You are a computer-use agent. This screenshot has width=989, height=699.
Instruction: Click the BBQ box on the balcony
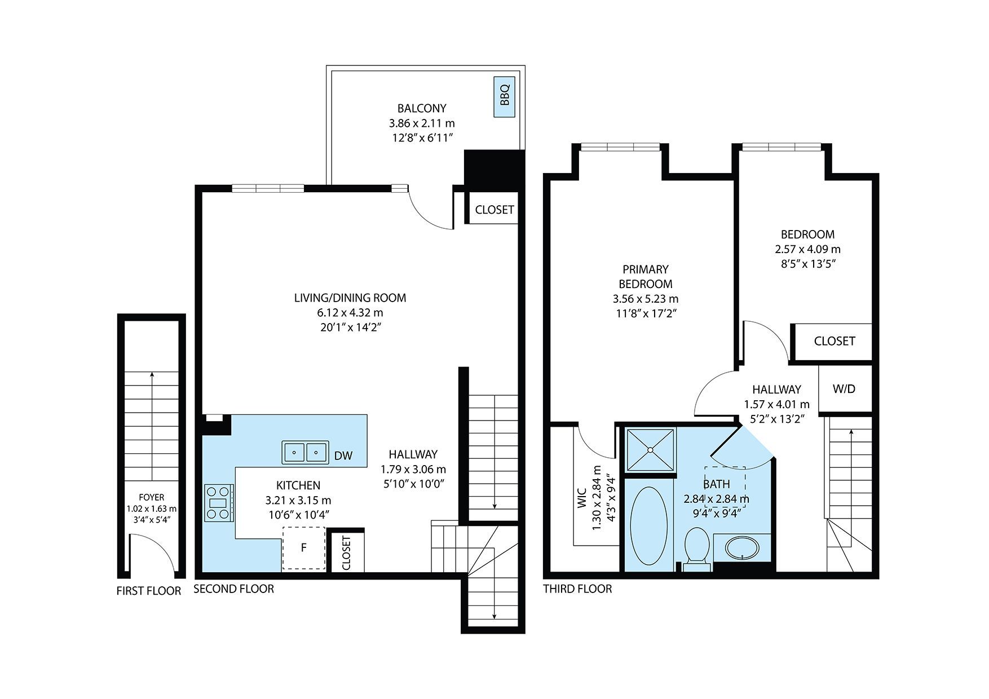point(505,97)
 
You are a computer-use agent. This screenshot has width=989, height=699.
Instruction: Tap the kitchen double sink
point(305,452)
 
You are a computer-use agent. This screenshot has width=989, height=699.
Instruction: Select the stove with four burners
point(219,503)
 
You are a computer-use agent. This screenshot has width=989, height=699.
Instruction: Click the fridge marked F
point(304,548)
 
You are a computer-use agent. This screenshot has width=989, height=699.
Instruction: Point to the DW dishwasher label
point(343,455)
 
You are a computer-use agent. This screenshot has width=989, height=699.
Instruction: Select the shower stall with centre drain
point(650,450)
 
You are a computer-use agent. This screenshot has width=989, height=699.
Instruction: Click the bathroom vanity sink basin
point(741,548)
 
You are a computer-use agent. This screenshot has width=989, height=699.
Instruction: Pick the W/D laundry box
point(844,389)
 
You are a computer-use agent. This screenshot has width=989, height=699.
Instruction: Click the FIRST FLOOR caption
point(149,591)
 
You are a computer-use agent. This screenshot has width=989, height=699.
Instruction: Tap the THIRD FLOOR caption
point(577,589)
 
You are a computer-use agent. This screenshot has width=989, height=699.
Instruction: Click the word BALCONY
point(422,108)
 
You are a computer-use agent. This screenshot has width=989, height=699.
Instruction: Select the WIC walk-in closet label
point(582,498)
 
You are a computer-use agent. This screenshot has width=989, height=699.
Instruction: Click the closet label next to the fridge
point(346,552)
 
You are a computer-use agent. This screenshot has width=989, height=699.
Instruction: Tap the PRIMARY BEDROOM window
point(620,148)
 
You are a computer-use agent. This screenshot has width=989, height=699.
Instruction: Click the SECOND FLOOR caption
point(233,589)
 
